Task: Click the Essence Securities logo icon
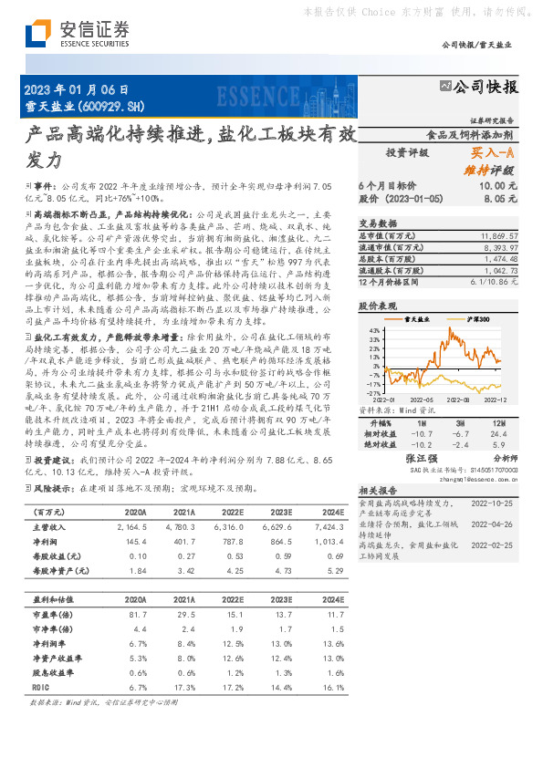(36, 34)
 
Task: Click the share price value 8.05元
(501, 197)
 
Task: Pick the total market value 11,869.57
(498, 235)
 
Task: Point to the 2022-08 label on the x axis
(457, 399)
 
